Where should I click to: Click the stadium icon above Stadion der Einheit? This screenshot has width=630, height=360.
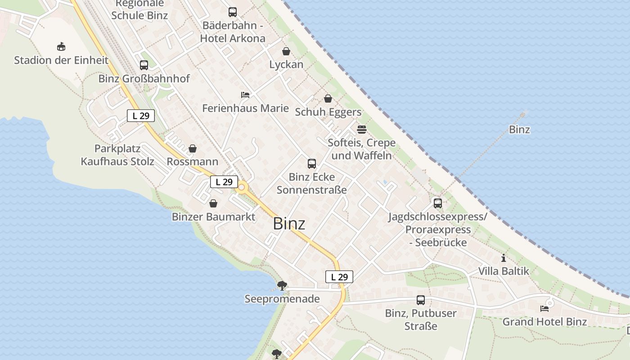61,46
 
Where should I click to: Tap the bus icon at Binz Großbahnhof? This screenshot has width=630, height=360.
144,65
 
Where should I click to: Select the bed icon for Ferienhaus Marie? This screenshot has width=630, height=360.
245,95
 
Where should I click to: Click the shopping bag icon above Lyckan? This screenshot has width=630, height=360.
286,51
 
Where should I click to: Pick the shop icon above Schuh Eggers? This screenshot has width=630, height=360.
328,99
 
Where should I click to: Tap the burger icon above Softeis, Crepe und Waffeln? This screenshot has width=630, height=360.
362,130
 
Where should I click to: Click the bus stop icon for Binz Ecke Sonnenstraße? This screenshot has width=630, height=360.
312,164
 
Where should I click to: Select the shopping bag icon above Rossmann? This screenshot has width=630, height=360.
193,148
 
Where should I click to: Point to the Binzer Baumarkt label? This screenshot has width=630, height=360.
213,217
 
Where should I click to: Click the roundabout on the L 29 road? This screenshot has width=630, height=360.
242,187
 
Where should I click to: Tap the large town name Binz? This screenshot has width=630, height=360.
289,224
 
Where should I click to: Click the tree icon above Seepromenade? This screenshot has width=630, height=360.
282,285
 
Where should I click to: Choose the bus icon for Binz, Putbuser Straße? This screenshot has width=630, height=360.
421,300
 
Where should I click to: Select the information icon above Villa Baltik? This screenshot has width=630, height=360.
504,258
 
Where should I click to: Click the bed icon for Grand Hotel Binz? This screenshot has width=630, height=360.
544,309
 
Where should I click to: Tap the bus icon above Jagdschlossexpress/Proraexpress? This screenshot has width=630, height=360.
438,203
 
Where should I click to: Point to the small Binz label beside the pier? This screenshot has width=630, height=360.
519,130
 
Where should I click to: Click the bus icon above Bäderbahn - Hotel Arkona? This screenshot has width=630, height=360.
233,12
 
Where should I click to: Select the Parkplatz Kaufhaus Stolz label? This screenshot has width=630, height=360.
117,155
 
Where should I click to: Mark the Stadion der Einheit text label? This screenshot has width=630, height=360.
61,60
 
